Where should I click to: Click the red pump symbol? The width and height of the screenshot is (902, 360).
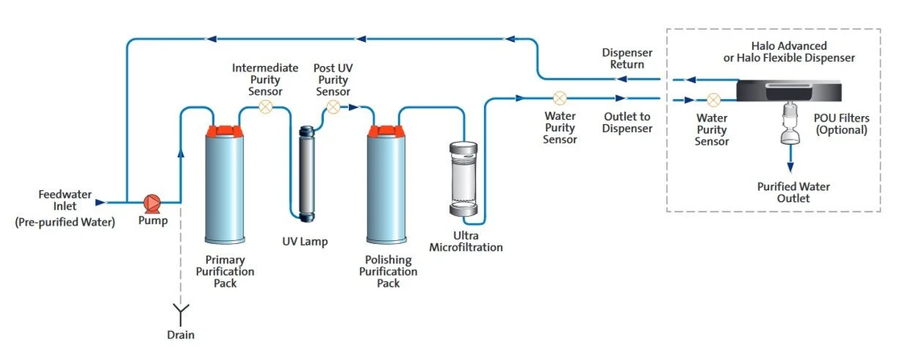[x=151, y=202]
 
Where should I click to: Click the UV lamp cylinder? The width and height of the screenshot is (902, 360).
[x=306, y=173]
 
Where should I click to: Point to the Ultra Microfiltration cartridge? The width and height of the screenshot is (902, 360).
[x=463, y=180]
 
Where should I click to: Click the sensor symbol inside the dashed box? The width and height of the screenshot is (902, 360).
[x=713, y=101]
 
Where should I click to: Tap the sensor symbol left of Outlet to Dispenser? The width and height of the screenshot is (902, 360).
[x=561, y=98]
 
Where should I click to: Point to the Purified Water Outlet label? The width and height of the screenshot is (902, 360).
[x=793, y=192]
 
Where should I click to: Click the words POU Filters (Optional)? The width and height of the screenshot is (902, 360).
[x=842, y=123]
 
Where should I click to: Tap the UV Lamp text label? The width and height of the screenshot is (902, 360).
[x=305, y=241]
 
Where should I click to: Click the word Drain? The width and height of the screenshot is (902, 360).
[x=181, y=334]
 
